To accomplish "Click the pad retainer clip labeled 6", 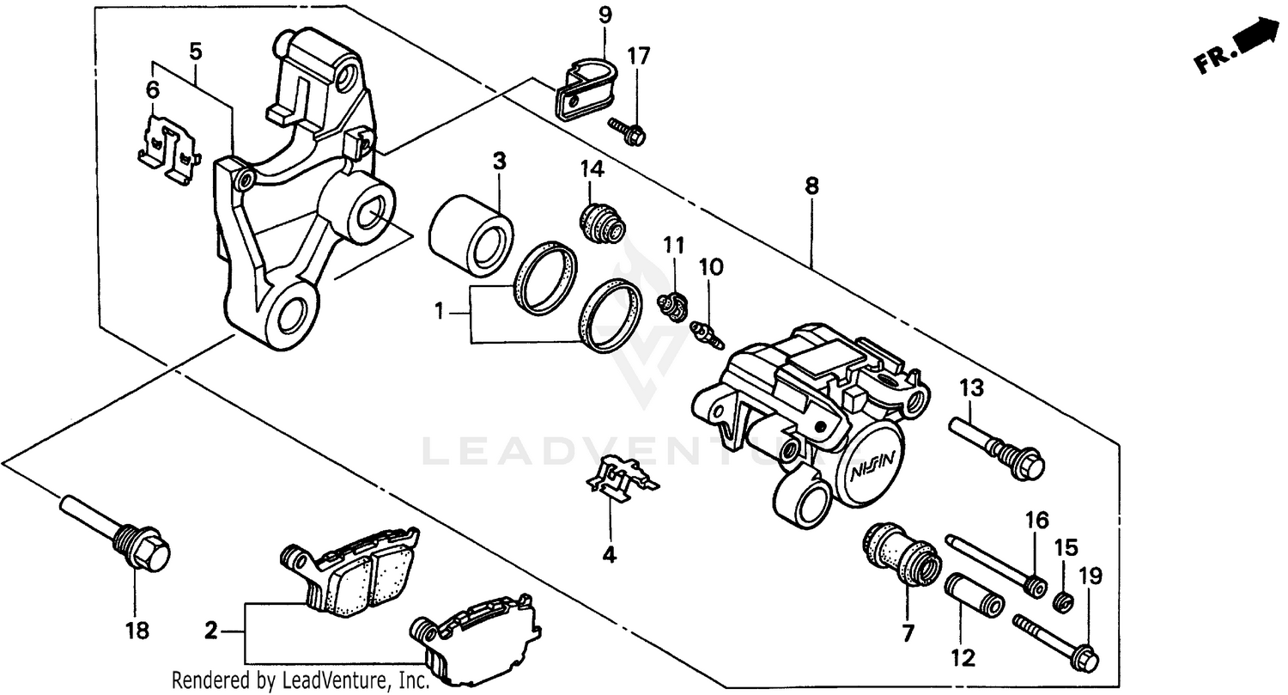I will click(169, 151).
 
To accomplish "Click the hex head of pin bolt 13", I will click(1026, 465).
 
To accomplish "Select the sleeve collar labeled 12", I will click(974, 594).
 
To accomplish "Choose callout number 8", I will click(811, 186).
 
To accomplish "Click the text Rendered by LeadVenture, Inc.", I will click(300, 681).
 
